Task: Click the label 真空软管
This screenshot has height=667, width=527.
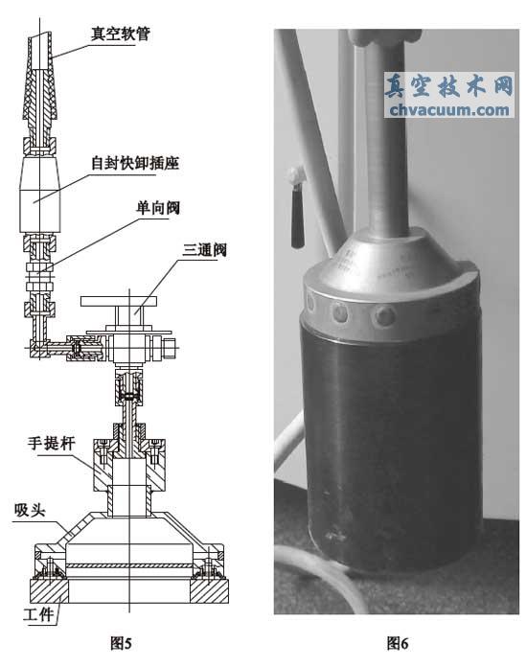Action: click(x=121, y=34)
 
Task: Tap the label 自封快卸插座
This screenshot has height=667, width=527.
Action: click(x=135, y=163)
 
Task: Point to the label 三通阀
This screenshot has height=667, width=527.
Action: click(x=205, y=250)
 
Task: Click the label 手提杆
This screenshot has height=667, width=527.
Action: click(x=51, y=444)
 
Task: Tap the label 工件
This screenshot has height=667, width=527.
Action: click(x=38, y=615)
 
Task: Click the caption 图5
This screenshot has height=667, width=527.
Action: click(x=121, y=643)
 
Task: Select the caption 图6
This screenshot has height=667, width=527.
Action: click(x=398, y=643)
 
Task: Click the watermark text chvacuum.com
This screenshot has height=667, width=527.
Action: click(x=449, y=110)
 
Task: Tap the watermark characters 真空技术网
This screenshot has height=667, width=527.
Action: click(x=449, y=86)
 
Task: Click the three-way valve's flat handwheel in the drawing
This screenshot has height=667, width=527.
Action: click(x=119, y=302)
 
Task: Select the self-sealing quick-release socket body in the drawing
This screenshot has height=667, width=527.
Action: click(x=40, y=195)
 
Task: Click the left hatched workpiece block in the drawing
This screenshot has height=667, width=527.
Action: click(x=49, y=591)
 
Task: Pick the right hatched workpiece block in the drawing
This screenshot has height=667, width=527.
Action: click(x=209, y=591)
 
